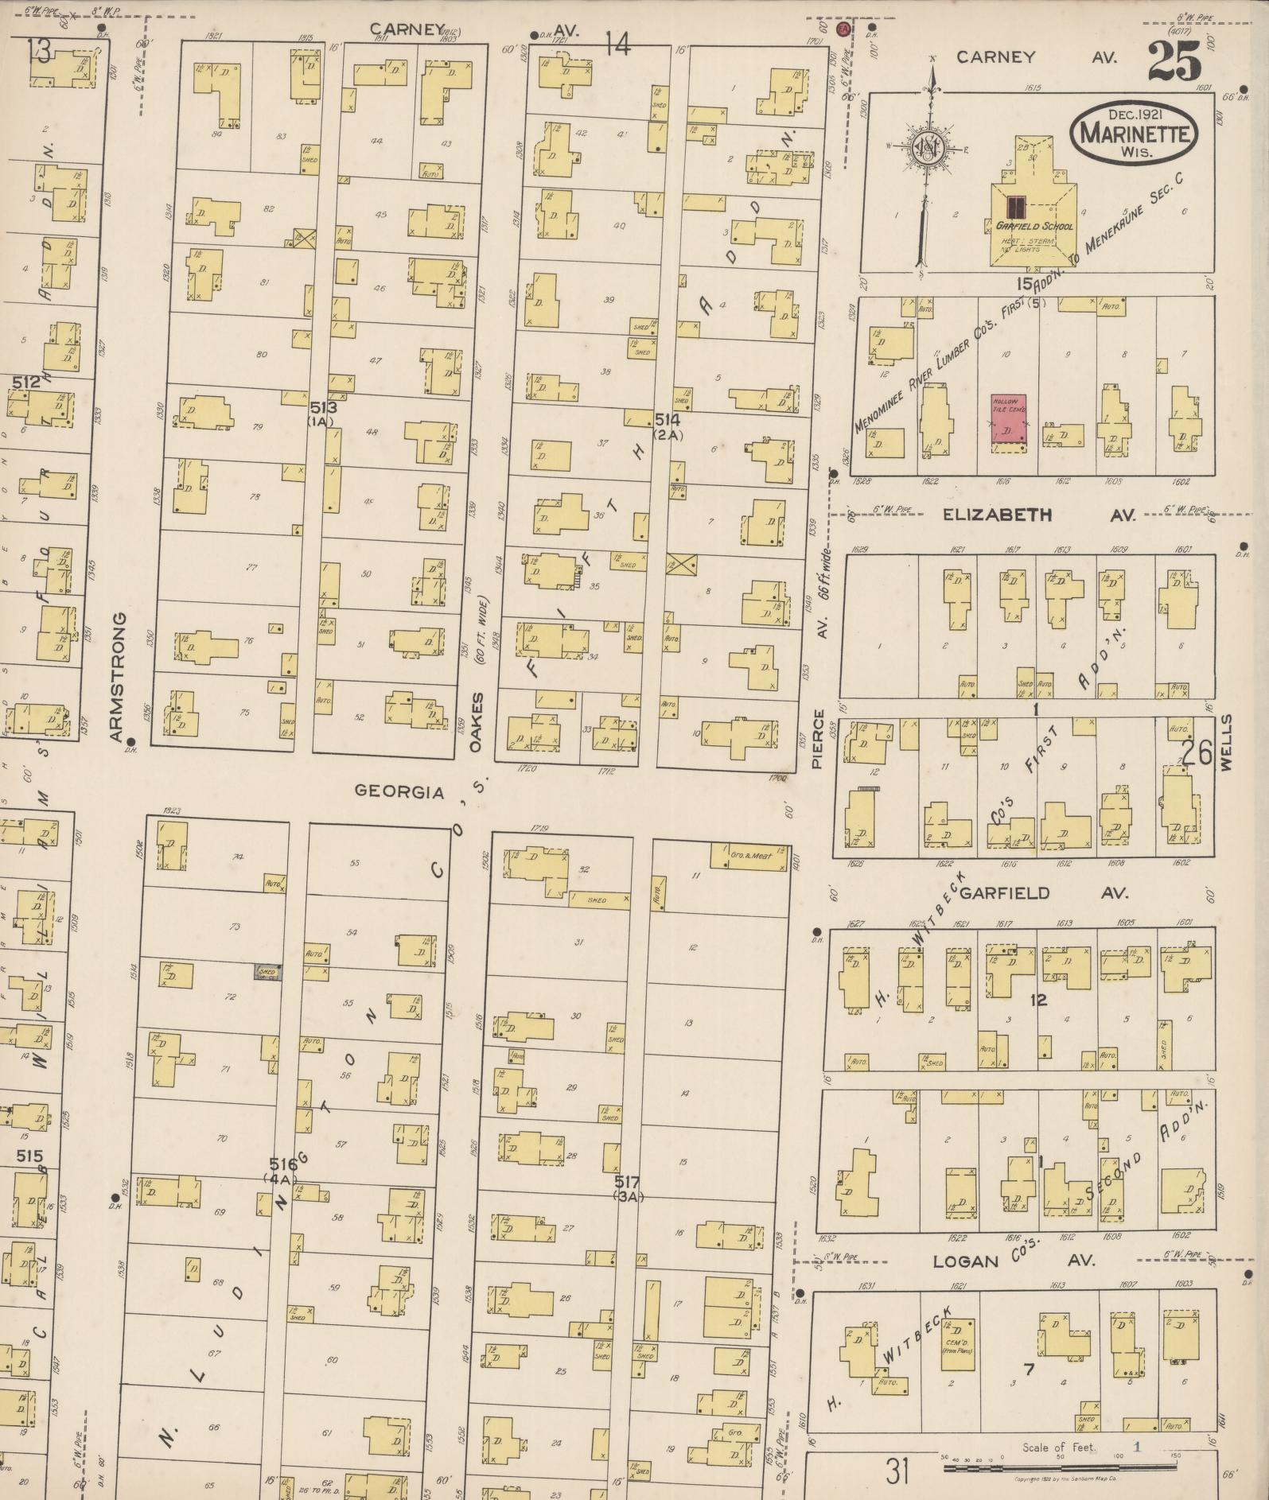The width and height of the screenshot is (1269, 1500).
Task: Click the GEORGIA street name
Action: [399, 791]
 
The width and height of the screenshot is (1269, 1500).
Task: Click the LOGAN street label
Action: [965, 1261]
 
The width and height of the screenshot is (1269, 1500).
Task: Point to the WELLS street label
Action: [1226, 741]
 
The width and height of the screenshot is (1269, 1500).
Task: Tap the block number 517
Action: [627, 1182]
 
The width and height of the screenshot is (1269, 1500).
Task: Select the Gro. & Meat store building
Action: [749, 855]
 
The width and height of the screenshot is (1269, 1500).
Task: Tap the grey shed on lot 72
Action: [267, 970]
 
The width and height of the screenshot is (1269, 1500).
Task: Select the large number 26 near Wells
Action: [1196, 753]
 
